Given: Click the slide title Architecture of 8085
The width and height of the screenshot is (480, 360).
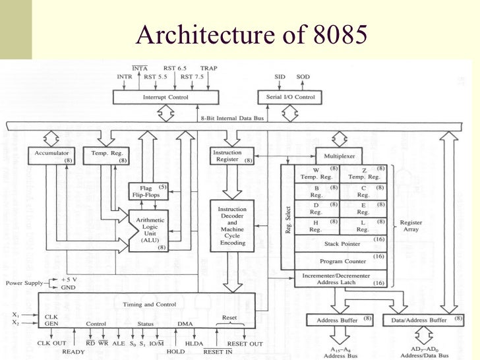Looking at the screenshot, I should click(250, 34).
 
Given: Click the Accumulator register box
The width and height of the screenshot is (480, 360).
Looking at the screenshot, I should click(51, 156).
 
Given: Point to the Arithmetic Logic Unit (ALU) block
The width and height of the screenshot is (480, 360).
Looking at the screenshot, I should click(150, 231).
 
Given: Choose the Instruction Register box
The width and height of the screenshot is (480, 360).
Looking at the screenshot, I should click(231, 156).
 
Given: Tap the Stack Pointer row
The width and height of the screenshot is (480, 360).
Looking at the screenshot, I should click(340, 243).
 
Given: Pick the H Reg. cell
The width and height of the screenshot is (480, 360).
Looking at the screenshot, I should click(315, 226).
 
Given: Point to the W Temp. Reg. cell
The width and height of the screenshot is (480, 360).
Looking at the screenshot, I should click(315, 173).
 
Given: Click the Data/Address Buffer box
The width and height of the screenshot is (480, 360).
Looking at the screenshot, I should click(419, 320).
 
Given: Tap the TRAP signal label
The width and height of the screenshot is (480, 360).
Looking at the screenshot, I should click(208, 67).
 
